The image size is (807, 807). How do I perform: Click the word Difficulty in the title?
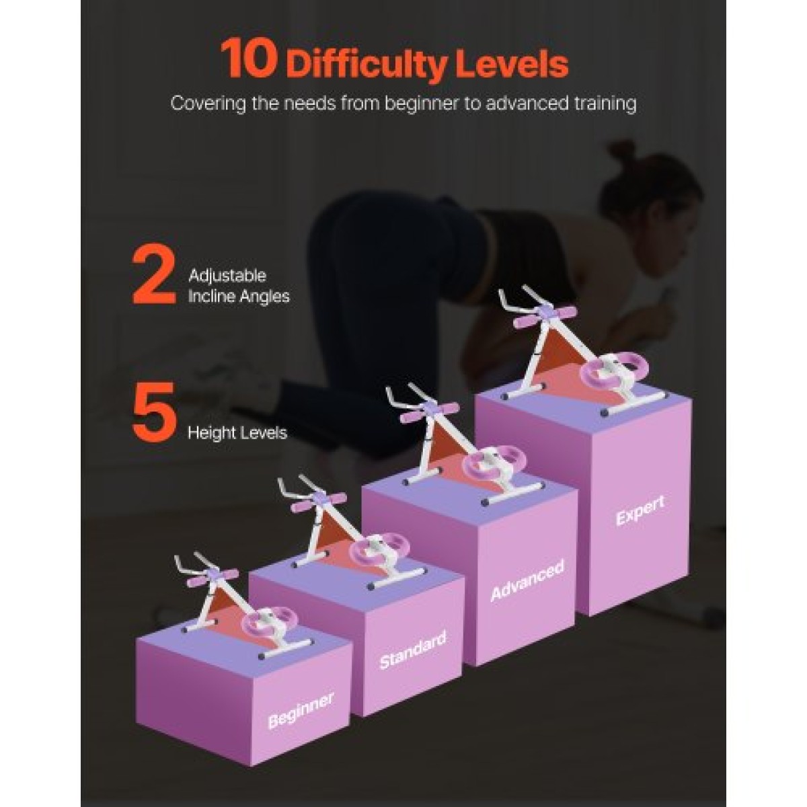coord(368,64)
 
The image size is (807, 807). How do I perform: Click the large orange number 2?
coord(154,277)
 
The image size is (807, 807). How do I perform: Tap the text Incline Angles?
coord(239,297)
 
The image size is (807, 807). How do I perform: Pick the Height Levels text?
coord(237,432)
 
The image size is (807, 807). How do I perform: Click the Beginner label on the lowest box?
coord(301,709)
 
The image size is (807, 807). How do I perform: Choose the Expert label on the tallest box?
coord(640,511)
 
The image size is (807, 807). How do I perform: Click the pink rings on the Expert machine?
coord(615,369)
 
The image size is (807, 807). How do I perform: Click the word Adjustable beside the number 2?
coord(227,276)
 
